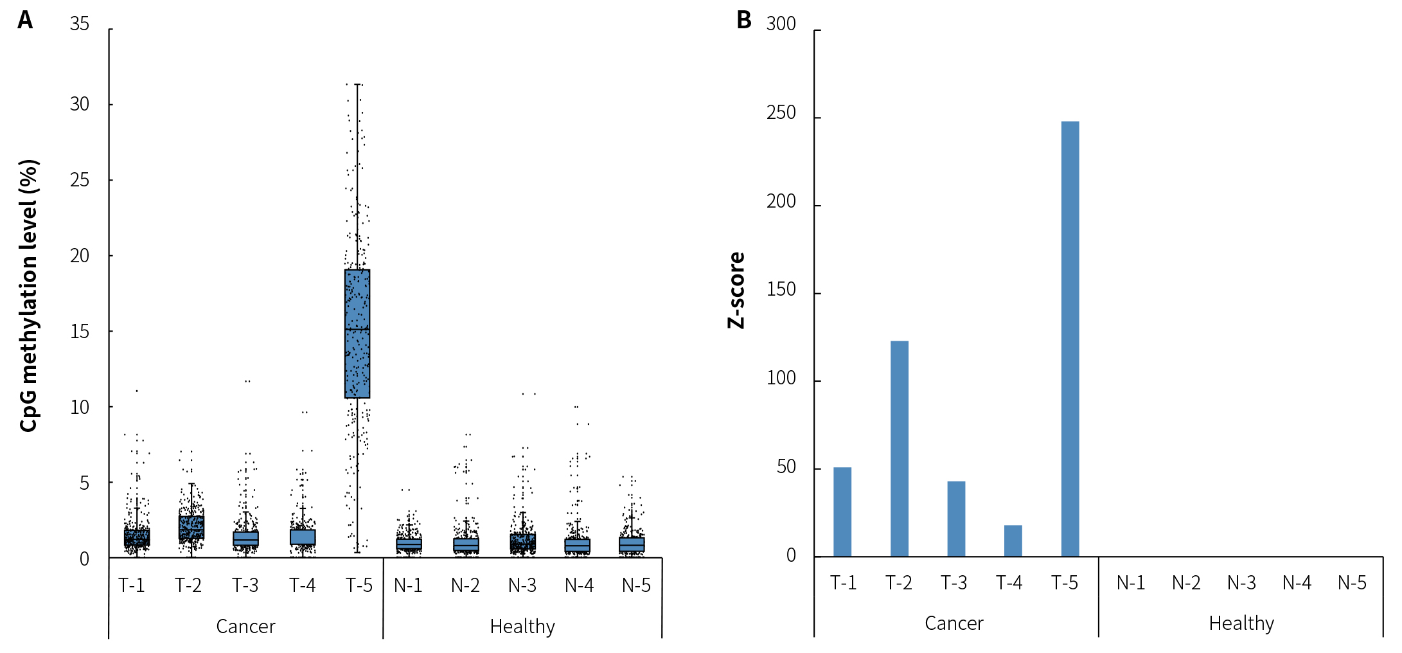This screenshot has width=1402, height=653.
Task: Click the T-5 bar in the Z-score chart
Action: tap(1070, 339)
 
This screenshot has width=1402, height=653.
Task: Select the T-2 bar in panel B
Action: tap(899, 449)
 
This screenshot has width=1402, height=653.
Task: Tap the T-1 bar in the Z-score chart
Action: tap(842, 512)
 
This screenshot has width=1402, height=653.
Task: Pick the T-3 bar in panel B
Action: tap(956, 519)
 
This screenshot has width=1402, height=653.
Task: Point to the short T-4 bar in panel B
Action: tap(1013, 541)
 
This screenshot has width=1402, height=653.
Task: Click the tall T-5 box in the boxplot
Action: tap(357, 334)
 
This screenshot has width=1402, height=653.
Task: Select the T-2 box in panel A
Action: tap(191, 527)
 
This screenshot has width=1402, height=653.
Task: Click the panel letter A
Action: tap(25, 20)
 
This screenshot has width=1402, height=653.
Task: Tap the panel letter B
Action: tap(743, 20)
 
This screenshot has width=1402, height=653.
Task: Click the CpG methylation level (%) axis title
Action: tap(29, 296)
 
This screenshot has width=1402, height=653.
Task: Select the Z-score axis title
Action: tap(736, 291)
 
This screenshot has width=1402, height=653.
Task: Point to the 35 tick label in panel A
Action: tap(80, 24)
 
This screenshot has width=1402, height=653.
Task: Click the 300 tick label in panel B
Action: tap(781, 24)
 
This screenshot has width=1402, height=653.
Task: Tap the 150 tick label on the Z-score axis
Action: tap(781, 290)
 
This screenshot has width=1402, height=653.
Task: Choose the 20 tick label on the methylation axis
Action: tap(80, 256)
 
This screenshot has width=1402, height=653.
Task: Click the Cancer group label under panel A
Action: tap(245, 626)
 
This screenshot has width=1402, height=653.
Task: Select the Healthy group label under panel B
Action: tap(1241, 623)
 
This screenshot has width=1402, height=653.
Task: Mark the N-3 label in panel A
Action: tap(522, 586)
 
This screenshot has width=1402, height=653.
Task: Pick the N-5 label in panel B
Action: tap(1352, 583)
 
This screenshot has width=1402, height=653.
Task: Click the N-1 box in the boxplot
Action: tap(409, 544)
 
